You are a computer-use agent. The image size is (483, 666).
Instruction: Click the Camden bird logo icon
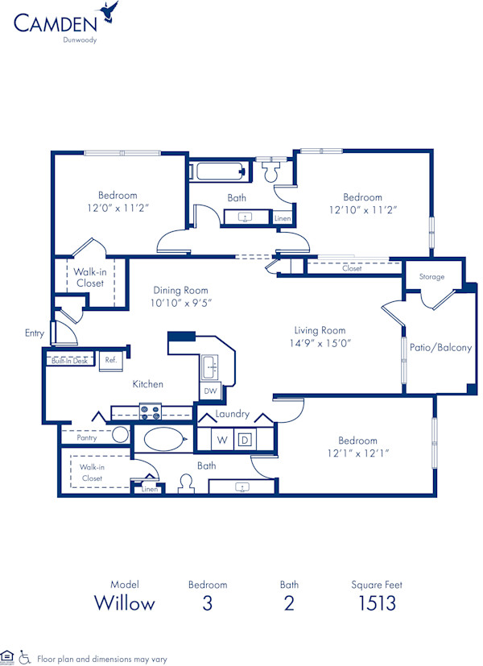click(108, 12)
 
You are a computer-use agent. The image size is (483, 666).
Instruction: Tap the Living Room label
click(320, 330)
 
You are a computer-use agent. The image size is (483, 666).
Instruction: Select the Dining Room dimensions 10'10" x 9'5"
click(181, 303)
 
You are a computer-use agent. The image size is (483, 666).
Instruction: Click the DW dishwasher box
click(210, 391)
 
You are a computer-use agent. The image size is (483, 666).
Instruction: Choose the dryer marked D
click(245, 440)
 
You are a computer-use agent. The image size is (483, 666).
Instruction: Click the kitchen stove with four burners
click(151, 412)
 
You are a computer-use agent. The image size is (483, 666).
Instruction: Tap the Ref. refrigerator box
click(110, 360)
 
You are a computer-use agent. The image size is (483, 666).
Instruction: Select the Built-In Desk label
click(70, 360)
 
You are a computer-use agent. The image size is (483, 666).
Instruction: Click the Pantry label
click(87, 438)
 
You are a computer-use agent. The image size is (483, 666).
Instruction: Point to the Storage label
click(431, 277)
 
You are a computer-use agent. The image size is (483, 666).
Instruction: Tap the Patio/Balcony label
click(440, 348)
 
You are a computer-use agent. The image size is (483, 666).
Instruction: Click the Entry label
click(35, 332)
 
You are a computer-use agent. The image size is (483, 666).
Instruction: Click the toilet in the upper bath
click(270, 171)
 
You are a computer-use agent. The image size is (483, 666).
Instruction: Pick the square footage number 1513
click(377, 603)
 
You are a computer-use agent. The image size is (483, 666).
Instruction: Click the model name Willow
click(125, 603)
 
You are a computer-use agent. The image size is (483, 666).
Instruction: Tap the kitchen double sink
click(211, 366)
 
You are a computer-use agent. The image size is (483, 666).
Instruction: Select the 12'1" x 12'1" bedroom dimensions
click(357, 453)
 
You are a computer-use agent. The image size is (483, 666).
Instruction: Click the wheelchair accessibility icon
click(24, 657)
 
